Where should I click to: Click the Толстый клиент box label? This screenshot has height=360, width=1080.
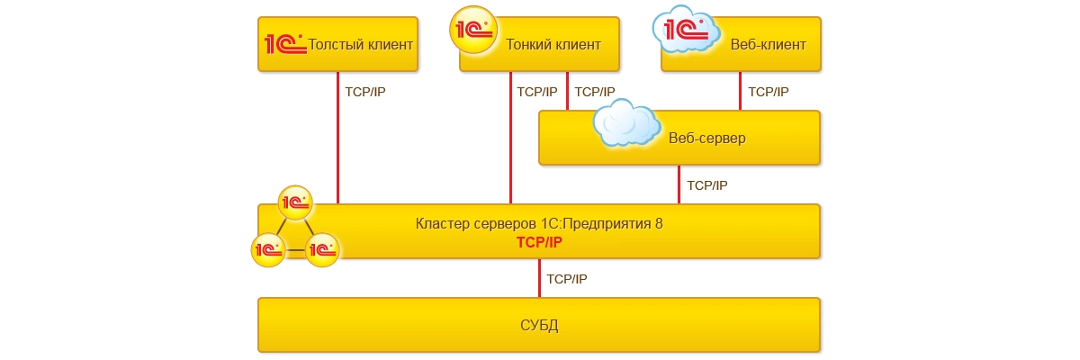click(361, 44)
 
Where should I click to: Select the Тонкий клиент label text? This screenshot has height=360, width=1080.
click(553, 44)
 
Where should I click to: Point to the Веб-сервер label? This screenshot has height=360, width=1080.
click(707, 139)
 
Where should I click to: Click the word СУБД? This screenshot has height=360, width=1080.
click(540, 325)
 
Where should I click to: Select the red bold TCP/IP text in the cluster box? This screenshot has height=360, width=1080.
click(539, 243)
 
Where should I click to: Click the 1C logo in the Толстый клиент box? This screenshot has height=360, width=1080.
click(284, 43)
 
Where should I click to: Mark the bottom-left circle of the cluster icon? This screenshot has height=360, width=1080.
click(268, 247)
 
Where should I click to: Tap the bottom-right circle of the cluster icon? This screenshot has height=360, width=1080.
click(321, 248)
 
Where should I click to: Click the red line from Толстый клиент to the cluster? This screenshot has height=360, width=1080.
click(338, 144)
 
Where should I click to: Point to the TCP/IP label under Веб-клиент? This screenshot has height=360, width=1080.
click(768, 92)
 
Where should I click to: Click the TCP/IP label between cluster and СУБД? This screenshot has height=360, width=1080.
click(567, 279)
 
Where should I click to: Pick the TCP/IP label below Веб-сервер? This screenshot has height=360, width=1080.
click(706, 185)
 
